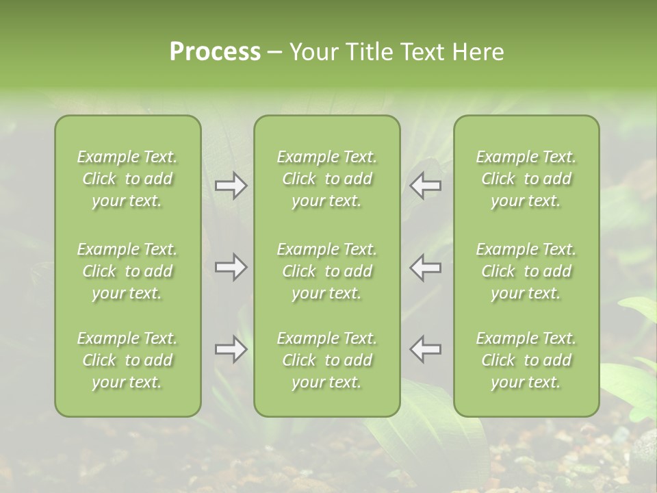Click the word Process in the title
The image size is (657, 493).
[215, 52]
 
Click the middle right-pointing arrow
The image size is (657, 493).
[231, 267]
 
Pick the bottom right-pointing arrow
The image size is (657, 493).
[231, 350]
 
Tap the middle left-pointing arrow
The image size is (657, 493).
[425, 267]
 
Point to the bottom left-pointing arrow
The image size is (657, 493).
[425, 349]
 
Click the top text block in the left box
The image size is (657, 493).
[127, 179]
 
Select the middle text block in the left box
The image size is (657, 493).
[127, 271]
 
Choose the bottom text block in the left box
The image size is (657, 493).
[127, 360]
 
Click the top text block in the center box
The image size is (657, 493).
[327, 179]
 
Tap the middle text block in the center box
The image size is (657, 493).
[327, 271]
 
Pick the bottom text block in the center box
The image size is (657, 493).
[327, 360]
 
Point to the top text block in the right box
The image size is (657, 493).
[526, 179]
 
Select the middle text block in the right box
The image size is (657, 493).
[526, 271]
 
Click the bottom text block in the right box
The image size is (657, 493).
[526, 360]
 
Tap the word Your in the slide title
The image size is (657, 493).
[311, 52]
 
